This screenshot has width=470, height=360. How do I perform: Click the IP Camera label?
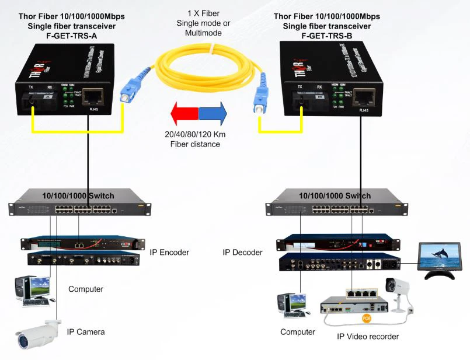click(86, 332)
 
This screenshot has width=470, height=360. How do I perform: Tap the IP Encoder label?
click(170, 253)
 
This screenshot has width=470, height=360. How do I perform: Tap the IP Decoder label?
click(243, 253)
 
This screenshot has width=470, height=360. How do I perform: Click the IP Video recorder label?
click(368, 337)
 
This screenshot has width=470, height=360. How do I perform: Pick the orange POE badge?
click(367, 318)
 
